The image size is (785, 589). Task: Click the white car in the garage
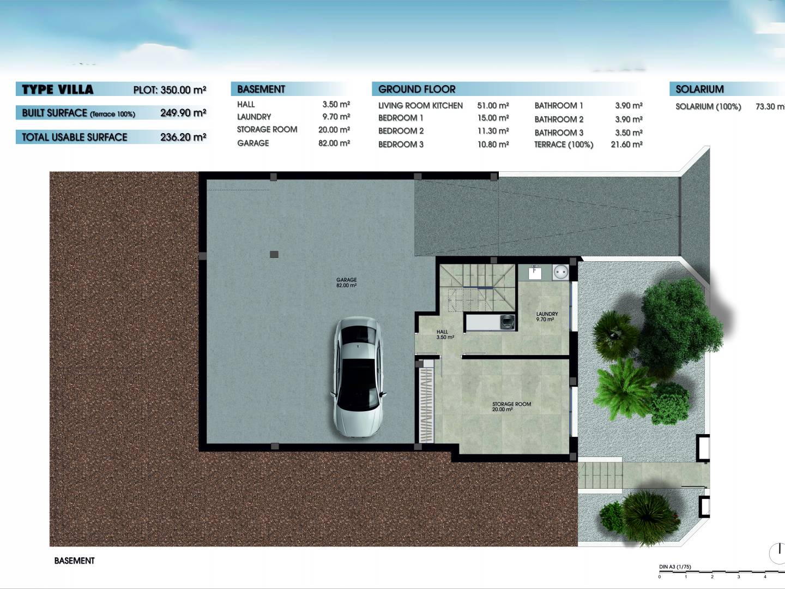[358, 377]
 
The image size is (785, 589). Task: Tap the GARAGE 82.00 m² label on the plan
[346, 283]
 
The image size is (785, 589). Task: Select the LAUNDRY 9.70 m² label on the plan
[547, 316]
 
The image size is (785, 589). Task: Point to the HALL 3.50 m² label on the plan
[445, 334]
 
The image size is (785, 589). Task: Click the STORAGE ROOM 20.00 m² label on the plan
[511, 407]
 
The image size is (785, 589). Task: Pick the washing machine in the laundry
[508, 322]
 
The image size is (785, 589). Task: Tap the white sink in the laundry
[535, 273]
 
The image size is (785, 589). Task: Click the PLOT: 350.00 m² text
[170, 89]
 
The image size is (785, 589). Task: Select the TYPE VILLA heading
[58, 89]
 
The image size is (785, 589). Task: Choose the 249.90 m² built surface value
[183, 113]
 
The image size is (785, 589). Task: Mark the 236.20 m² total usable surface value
[183, 137]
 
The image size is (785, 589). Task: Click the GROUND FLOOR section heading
[416, 89]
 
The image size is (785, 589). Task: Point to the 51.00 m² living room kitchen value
[493, 105]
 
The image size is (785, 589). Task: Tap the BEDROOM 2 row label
[401, 131]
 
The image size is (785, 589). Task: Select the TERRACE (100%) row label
[564, 145]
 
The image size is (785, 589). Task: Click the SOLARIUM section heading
[699, 89]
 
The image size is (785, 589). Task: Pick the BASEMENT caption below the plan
[74, 561]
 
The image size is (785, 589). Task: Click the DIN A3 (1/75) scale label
[675, 567]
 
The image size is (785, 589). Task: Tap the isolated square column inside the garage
[274, 254]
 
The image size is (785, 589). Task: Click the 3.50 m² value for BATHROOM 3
[629, 133]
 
